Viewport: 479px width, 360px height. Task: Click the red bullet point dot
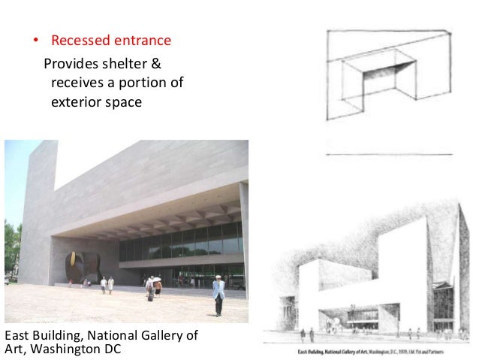tap(33, 40)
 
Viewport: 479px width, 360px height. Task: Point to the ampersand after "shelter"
tap(157, 62)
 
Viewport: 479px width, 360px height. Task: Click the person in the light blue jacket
tap(218, 295)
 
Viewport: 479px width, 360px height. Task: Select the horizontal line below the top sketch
tap(389, 155)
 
